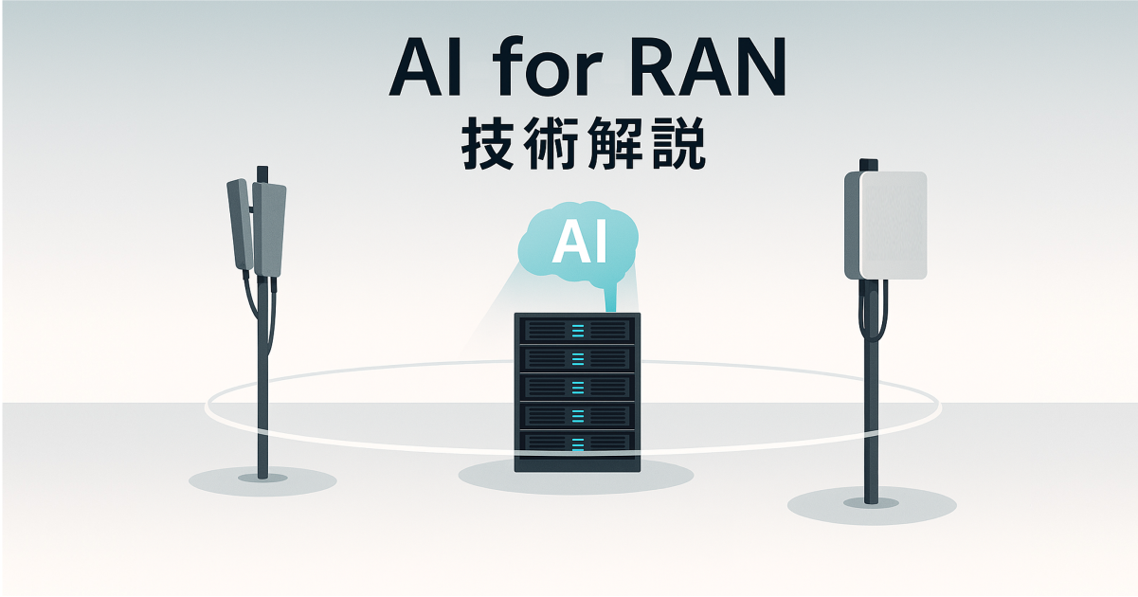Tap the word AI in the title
pyautogui.click(x=425, y=68)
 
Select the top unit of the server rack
pyautogui.click(x=577, y=330)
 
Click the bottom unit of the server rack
pyautogui.click(x=577, y=442)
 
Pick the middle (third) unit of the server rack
pyautogui.click(x=577, y=386)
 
